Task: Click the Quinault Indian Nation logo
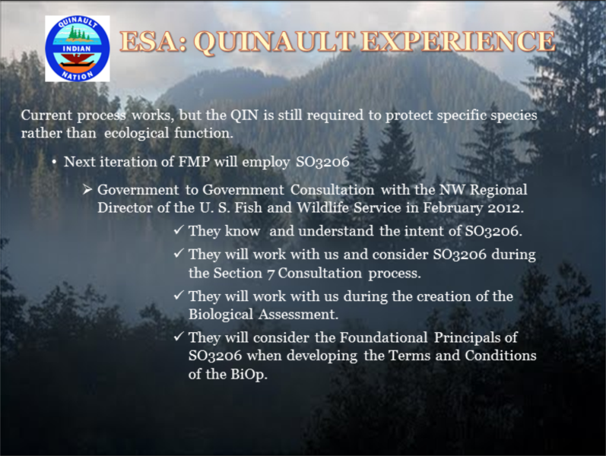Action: click(x=78, y=49)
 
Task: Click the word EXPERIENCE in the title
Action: click(x=458, y=41)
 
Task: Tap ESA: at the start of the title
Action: click(x=154, y=41)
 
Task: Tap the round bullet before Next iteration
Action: click(x=55, y=162)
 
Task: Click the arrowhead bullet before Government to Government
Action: click(x=87, y=190)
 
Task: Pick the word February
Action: click(x=453, y=208)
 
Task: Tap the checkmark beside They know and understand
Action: click(x=179, y=230)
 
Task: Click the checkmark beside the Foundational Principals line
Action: click(x=179, y=337)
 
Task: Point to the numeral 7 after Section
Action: click(x=271, y=274)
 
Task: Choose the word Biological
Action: click(x=221, y=315)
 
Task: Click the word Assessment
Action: click(x=297, y=314)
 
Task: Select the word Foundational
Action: click(x=383, y=337)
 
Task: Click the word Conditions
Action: click(x=500, y=356)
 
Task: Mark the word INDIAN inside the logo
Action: click(x=77, y=49)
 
